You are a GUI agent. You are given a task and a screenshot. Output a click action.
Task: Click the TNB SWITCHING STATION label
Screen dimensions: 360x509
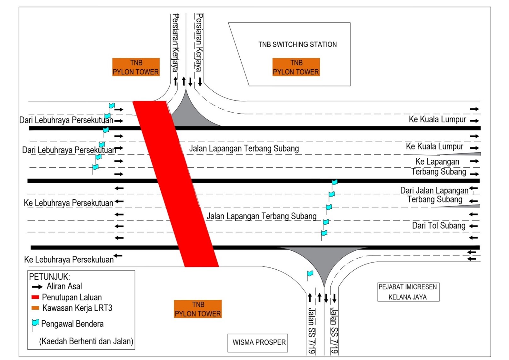(x=297, y=44)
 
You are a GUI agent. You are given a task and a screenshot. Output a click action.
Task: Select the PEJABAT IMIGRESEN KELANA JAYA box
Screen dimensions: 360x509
(x=408, y=292)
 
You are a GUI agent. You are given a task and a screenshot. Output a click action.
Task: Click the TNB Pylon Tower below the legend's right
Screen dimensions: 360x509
(x=198, y=309)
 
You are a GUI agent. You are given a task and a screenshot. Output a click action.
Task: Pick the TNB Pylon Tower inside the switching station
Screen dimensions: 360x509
(x=296, y=67)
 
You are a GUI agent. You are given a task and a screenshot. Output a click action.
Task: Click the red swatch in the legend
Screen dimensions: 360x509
(x=35, y=297)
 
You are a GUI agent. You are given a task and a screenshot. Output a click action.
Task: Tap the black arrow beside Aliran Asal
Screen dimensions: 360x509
(x=37, y=287)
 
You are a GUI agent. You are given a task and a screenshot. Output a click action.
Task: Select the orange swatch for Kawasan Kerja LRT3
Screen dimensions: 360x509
(x=35, y=308)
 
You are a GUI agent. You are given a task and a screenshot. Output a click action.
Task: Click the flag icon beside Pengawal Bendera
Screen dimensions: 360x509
(x=35, y=323)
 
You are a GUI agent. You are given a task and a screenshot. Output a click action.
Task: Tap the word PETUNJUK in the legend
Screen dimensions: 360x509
(x=49, y=277)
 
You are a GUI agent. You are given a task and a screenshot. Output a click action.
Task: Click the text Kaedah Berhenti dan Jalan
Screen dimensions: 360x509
(x=86, y=341)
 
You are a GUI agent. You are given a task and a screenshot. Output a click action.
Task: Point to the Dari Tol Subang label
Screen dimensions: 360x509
(x=438, y=226)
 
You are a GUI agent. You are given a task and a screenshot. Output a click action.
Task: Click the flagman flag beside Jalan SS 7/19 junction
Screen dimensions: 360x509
(x=310, y=274)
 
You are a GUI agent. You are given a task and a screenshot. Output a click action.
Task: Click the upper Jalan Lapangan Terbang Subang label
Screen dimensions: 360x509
(x=244, y=148)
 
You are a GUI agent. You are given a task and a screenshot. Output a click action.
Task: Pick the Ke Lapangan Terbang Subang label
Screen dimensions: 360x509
(x=438, y=167)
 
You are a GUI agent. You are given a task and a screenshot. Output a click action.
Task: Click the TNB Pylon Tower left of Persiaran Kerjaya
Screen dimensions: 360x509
(x=136, y=67)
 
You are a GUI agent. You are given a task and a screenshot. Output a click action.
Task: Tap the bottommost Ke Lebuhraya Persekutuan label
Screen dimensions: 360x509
(x=69, y=260)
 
